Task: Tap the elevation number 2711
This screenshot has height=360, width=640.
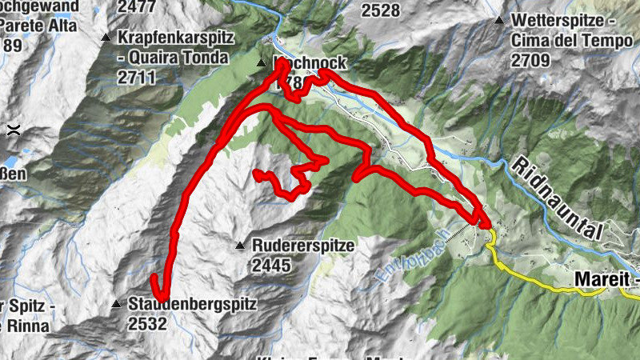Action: pyautogui.click(x=135, y=78)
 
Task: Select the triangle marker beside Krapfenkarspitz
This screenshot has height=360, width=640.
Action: pyautogui.click(x=106, y=38)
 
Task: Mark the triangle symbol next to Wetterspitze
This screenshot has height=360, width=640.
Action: pyautogui.click(x=499, y=20)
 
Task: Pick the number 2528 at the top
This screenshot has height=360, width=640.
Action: pyautogui.click(x=381, y=10)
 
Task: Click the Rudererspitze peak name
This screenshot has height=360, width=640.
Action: pyautogui.click(x=302, y=246)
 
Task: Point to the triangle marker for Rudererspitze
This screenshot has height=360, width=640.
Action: pyautogui.click(x=239, y=246)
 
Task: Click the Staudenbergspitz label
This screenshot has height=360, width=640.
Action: pyautogui.click(x=191, y=304)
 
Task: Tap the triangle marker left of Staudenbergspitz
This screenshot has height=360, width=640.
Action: pyautogui.click(x=116, y=304)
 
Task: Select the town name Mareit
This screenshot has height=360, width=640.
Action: pyautogui.click(x=605, y=280)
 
